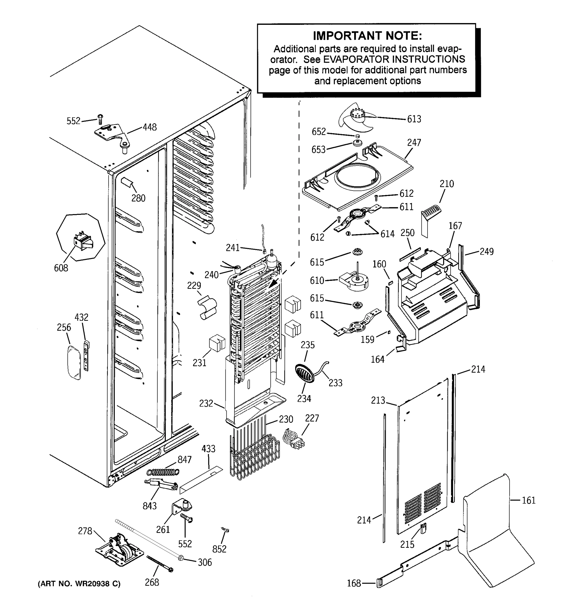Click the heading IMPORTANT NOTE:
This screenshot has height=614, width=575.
(x=367, y=36)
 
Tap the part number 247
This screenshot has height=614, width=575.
(x=414, y=142)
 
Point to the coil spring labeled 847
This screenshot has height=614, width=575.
(x=163, y=472)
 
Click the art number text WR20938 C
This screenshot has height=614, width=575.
(x=79, y=584)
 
